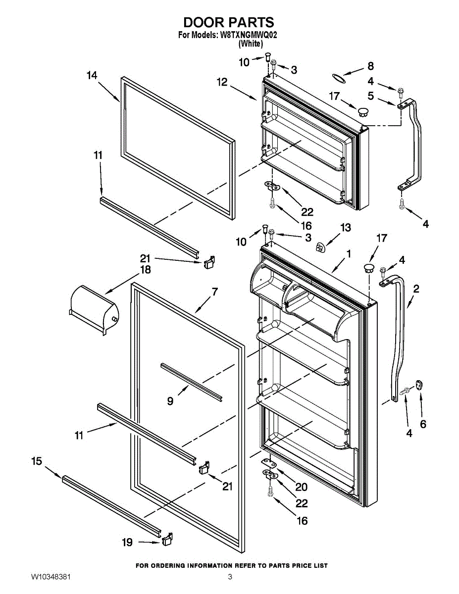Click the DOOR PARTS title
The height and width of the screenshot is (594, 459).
(x=229, y=22)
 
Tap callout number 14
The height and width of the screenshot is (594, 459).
(x=92, y=75)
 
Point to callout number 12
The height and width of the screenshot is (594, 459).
(x=222, y=82)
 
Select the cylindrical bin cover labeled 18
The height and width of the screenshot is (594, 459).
(x=94, y=310)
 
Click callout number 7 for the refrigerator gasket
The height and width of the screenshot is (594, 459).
(x=215, y=292)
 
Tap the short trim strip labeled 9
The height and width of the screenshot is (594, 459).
(x=191, y=383)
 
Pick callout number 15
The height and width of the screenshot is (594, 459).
(x=37, y=461)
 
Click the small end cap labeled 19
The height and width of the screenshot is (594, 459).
(x=167, y=539)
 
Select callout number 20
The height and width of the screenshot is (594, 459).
(x=301, y=487)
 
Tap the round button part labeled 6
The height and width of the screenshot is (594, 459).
(x=419, y=385)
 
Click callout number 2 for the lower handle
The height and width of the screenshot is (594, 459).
(x=416, y=289)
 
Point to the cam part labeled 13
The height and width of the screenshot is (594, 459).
(x=320, y=248)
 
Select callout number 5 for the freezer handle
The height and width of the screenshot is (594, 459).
(x=370, y=96)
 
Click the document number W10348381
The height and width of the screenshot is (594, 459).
(x=51, y=585)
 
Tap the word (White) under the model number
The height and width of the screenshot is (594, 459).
(x=251, y=44)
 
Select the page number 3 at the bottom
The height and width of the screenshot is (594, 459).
(x=230, y=585)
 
